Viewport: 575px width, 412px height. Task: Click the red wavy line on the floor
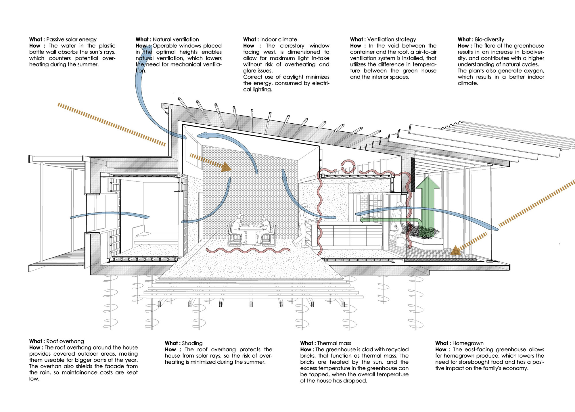(x=247, y=251)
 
